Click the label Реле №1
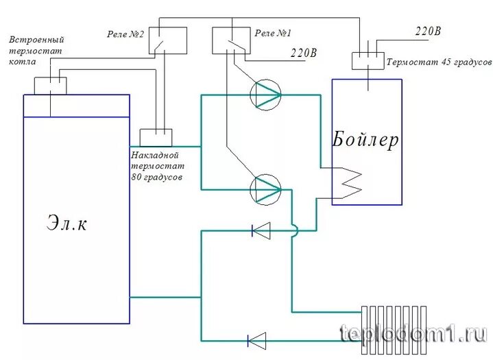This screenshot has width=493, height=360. point(273,32)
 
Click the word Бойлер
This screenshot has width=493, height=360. point(365,140)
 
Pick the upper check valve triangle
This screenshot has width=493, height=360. point(261,230)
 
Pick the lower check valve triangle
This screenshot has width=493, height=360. point(256,339)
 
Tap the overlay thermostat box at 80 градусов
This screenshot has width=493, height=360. point(156,136)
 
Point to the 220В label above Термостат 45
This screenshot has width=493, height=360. point(428,32)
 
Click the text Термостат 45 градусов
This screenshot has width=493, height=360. point(439,61)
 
